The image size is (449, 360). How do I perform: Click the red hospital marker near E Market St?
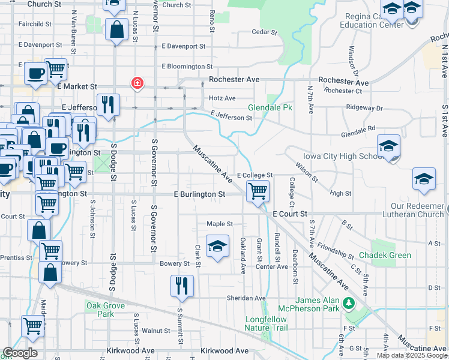point(137,82)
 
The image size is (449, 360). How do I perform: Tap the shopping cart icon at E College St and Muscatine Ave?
point(258,192)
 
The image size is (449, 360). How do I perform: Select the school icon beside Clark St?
point(217,245)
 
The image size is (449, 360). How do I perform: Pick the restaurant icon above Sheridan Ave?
point(182,286)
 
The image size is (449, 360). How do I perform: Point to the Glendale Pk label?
point(270,108)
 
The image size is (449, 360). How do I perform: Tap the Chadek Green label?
point(385,255)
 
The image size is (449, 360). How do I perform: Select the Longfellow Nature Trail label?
point(267,323)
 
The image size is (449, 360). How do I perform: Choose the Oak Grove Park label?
point(100,310)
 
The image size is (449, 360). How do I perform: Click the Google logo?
point(20,353)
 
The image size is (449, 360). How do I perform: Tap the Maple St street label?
point(220,224)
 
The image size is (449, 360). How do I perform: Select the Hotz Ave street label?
point(222,98)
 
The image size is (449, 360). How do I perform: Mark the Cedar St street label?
point(264,32)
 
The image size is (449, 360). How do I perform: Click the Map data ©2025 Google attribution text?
point(411,355)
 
